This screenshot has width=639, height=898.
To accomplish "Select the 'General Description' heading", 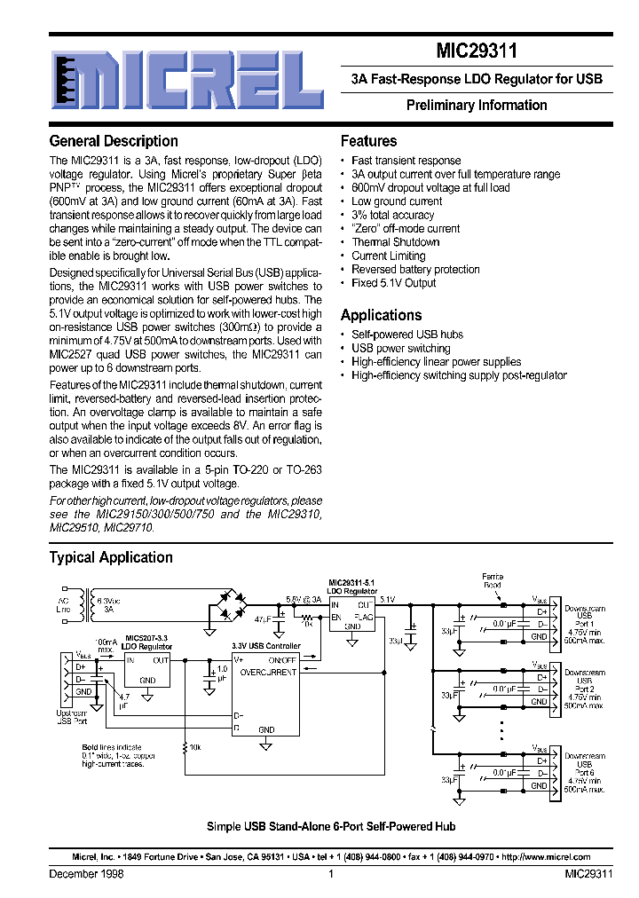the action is click(114, 141).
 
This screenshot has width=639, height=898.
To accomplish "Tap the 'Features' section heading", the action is click(368, 141).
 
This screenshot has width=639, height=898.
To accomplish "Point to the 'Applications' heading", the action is click(381, 315).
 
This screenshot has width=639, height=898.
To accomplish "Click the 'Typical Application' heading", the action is click(111, 557).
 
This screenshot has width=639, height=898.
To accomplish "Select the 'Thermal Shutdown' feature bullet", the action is click(395, 241).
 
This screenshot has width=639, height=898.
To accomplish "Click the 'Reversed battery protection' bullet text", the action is click(415, 269).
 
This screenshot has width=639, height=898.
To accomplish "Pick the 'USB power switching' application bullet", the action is click(401, 348).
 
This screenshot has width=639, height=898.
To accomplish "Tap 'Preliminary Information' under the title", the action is click(477, 105).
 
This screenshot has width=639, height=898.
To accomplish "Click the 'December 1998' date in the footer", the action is click(86, 874).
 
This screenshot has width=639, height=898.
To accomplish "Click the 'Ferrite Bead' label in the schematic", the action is click(492, 580).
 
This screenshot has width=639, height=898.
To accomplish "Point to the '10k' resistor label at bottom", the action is click(195, 747).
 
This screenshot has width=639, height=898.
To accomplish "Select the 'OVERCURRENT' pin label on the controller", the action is click(269, 671).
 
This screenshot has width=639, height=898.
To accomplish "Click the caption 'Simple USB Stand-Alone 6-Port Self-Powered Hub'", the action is click(331, 826).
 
